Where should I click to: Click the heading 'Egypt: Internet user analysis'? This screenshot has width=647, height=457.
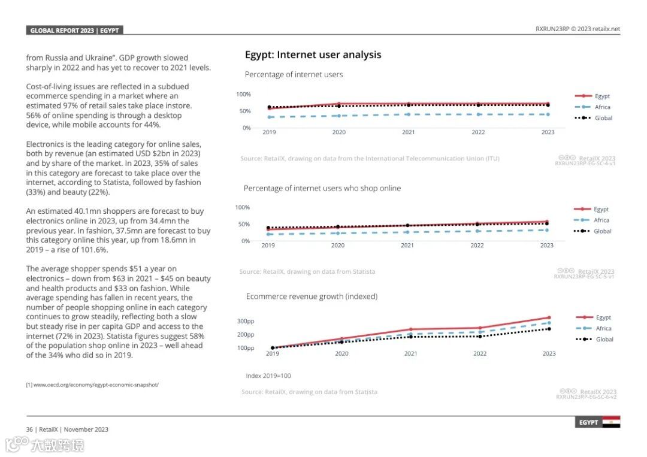click(313, 55)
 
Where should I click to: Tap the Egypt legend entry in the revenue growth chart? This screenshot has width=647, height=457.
click(603, 317)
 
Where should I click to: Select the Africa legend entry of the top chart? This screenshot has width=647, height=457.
click(602, 107)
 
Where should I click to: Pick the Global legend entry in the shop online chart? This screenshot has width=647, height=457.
click(602, 231)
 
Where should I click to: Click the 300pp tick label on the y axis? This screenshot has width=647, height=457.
click(246, 321)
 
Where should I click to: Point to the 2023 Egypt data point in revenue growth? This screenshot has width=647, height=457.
click(549, 317)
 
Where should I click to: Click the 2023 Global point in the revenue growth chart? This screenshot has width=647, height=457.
click(549, 329)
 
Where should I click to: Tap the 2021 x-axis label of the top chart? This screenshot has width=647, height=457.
click(409, 132)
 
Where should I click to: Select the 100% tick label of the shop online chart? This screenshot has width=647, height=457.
click(242, 207)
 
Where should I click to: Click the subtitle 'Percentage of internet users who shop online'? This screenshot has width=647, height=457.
click(322, 188)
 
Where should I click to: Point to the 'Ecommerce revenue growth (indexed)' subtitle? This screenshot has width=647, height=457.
click(312, 296)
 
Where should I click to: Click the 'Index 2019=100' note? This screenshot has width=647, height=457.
click(268, 376)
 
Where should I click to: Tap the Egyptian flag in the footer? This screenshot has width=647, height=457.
click(611, 422)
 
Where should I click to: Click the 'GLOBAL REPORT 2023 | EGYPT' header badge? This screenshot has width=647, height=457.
click(75, 31)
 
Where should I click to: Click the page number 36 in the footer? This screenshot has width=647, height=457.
click(29, 429)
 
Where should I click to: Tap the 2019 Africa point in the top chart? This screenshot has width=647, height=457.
click(269, 117)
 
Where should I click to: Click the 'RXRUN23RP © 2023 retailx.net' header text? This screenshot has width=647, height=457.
click(578, 29)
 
